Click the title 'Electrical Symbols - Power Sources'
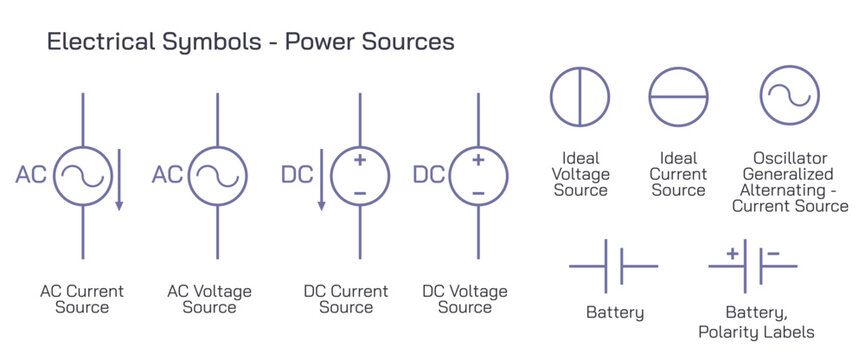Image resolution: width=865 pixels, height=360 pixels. tap(251, 43)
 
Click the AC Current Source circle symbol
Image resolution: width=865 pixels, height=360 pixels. tap(83, 175)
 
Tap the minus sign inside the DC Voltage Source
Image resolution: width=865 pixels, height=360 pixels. tap(478, 191)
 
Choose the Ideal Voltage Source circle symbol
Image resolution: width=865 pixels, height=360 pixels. tap(580, 97)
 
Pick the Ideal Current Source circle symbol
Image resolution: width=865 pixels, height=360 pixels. tap(678, 97)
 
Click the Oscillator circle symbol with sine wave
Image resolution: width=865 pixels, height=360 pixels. tap(789, 97)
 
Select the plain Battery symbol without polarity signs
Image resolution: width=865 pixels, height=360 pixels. tap(613, 267)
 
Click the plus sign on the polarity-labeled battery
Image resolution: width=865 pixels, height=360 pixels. tap(732, 254)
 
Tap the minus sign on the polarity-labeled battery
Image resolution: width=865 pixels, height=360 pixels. tap(773, 254)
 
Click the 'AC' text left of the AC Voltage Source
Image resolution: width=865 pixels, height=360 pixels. tap(167, 175)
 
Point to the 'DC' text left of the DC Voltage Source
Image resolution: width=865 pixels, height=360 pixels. tap(428, 175)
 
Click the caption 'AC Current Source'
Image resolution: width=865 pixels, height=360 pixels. tap(82, 299)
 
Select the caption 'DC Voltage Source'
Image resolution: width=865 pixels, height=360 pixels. tap(465, 299)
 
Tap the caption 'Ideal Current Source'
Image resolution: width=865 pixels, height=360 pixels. tap(678, 174)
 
